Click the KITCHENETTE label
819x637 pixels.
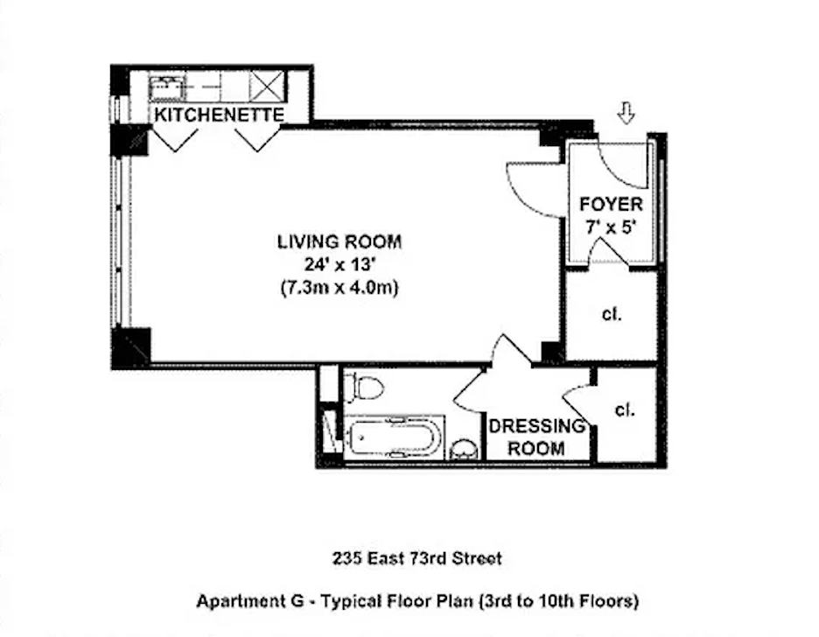219,115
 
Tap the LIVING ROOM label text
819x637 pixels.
339,242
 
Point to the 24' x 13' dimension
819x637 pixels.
339,264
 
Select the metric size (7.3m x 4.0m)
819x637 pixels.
339,287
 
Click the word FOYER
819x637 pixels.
611,205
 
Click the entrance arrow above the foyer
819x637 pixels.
625,113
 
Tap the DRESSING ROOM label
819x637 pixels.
537,437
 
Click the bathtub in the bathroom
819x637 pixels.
394,435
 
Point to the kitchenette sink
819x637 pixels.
164,87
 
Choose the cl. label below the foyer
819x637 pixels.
612,315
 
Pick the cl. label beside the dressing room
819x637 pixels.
624,409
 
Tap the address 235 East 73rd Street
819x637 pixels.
417,558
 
